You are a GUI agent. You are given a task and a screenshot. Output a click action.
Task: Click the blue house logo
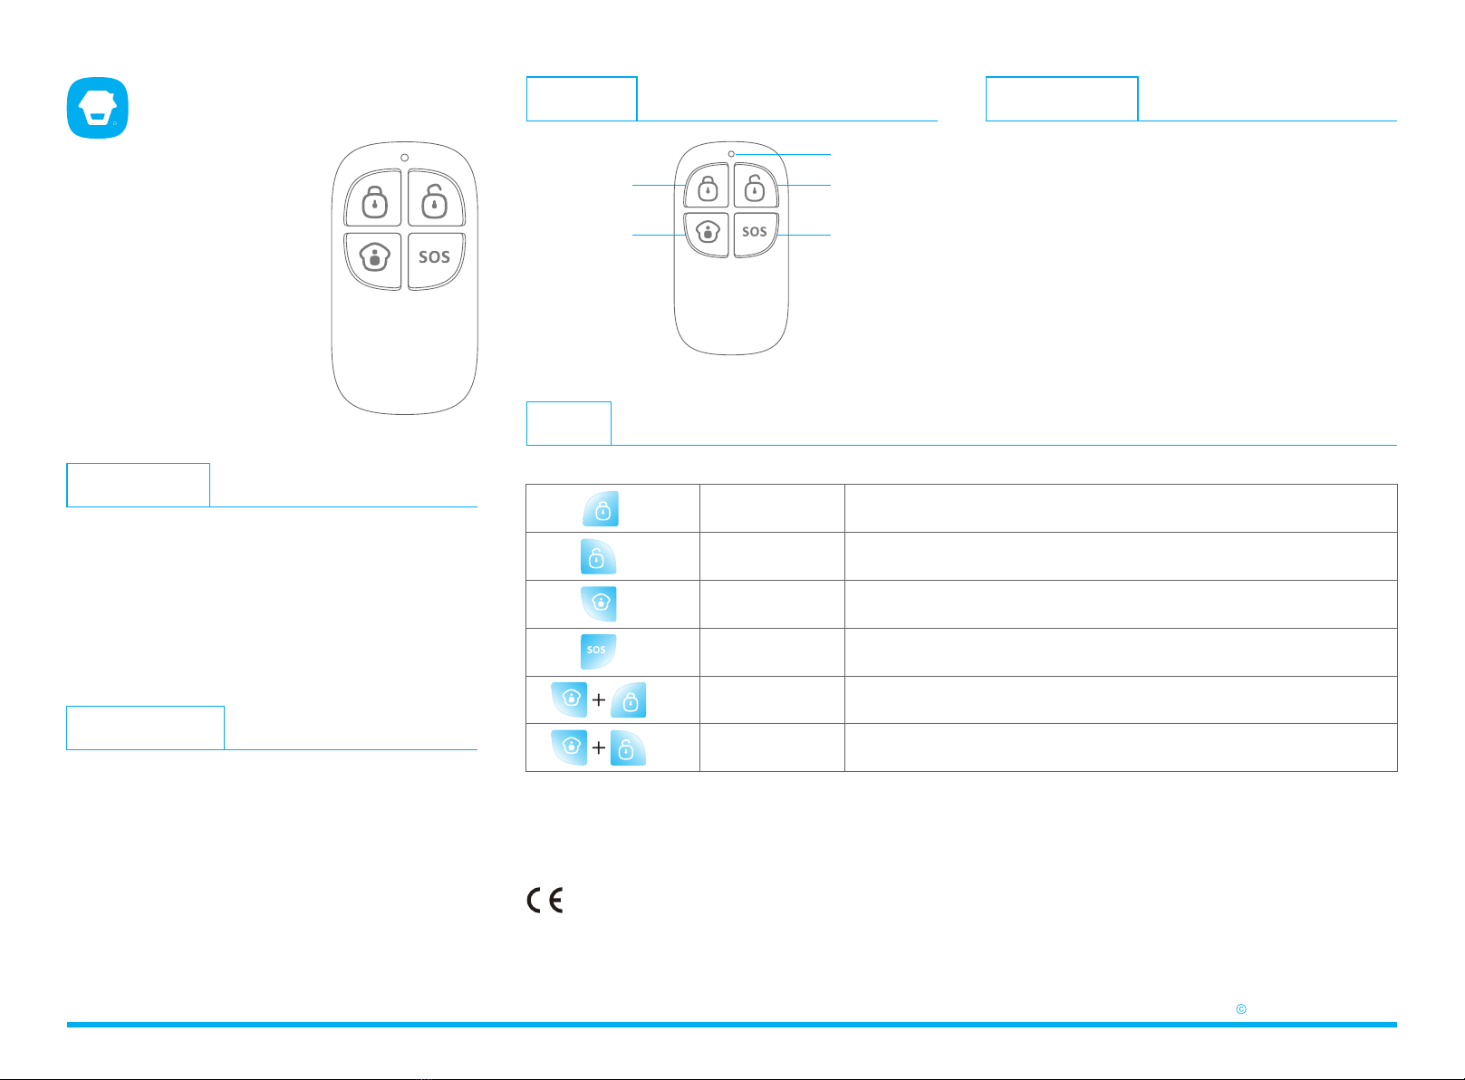[98, 108]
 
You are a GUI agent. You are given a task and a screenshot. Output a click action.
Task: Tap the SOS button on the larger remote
[436, 260]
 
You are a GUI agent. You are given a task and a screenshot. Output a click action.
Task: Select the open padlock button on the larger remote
[436, 198]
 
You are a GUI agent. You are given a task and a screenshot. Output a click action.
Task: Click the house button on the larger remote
[373, 260]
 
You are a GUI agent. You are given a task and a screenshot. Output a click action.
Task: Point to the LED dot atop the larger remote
[405, 158]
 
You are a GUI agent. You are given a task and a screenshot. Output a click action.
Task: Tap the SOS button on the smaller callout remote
[756, 234]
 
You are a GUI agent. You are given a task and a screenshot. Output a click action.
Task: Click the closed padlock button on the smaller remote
[707, 186]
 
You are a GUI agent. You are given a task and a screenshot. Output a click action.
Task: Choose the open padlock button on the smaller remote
[756, 186]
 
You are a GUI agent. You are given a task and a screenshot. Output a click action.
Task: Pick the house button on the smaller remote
[707, 234]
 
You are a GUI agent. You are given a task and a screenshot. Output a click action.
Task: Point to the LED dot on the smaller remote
[731, 154]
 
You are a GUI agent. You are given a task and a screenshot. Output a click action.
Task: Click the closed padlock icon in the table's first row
[601, 509]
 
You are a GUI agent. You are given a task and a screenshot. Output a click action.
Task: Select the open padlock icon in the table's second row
[599, 556]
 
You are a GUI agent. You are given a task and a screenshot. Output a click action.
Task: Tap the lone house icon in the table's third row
[599, 603]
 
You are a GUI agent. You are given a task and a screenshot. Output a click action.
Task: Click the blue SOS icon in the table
[599, 651]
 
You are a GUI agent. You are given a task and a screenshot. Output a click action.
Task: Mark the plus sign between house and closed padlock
[599, 700]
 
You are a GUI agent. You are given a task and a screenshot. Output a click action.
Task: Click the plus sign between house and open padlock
[599, 747]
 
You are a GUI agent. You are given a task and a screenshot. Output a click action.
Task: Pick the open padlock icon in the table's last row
[628, 747]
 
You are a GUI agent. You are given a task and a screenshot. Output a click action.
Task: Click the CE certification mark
[545, 900]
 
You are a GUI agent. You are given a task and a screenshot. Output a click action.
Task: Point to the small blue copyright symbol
[1241, 1009]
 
